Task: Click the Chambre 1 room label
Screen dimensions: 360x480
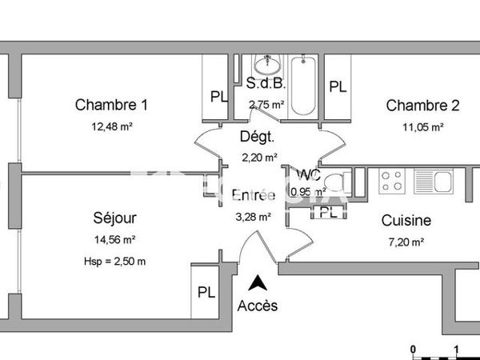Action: (112, 105)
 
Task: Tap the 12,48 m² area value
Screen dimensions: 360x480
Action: (112, 126)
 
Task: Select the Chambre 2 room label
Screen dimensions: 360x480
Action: (422, 105)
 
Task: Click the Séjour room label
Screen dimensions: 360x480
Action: (114, 218)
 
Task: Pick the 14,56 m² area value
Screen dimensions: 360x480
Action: (114, 239)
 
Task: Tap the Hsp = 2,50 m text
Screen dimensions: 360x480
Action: (114, 261)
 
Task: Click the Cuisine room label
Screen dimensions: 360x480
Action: (406, 221)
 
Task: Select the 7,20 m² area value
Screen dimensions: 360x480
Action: (406, 242)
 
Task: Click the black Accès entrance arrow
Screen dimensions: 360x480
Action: (258, 282)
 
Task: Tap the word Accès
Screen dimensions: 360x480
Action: (258, 306)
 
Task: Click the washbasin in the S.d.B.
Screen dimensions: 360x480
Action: (264, 64)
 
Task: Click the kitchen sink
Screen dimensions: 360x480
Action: (439, 181)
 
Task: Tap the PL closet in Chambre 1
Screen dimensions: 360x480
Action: (218, 96)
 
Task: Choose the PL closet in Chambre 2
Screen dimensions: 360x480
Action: (338, 86)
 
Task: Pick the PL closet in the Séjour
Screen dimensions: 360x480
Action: (206, 292)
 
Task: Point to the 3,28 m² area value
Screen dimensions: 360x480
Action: (252, 216)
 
